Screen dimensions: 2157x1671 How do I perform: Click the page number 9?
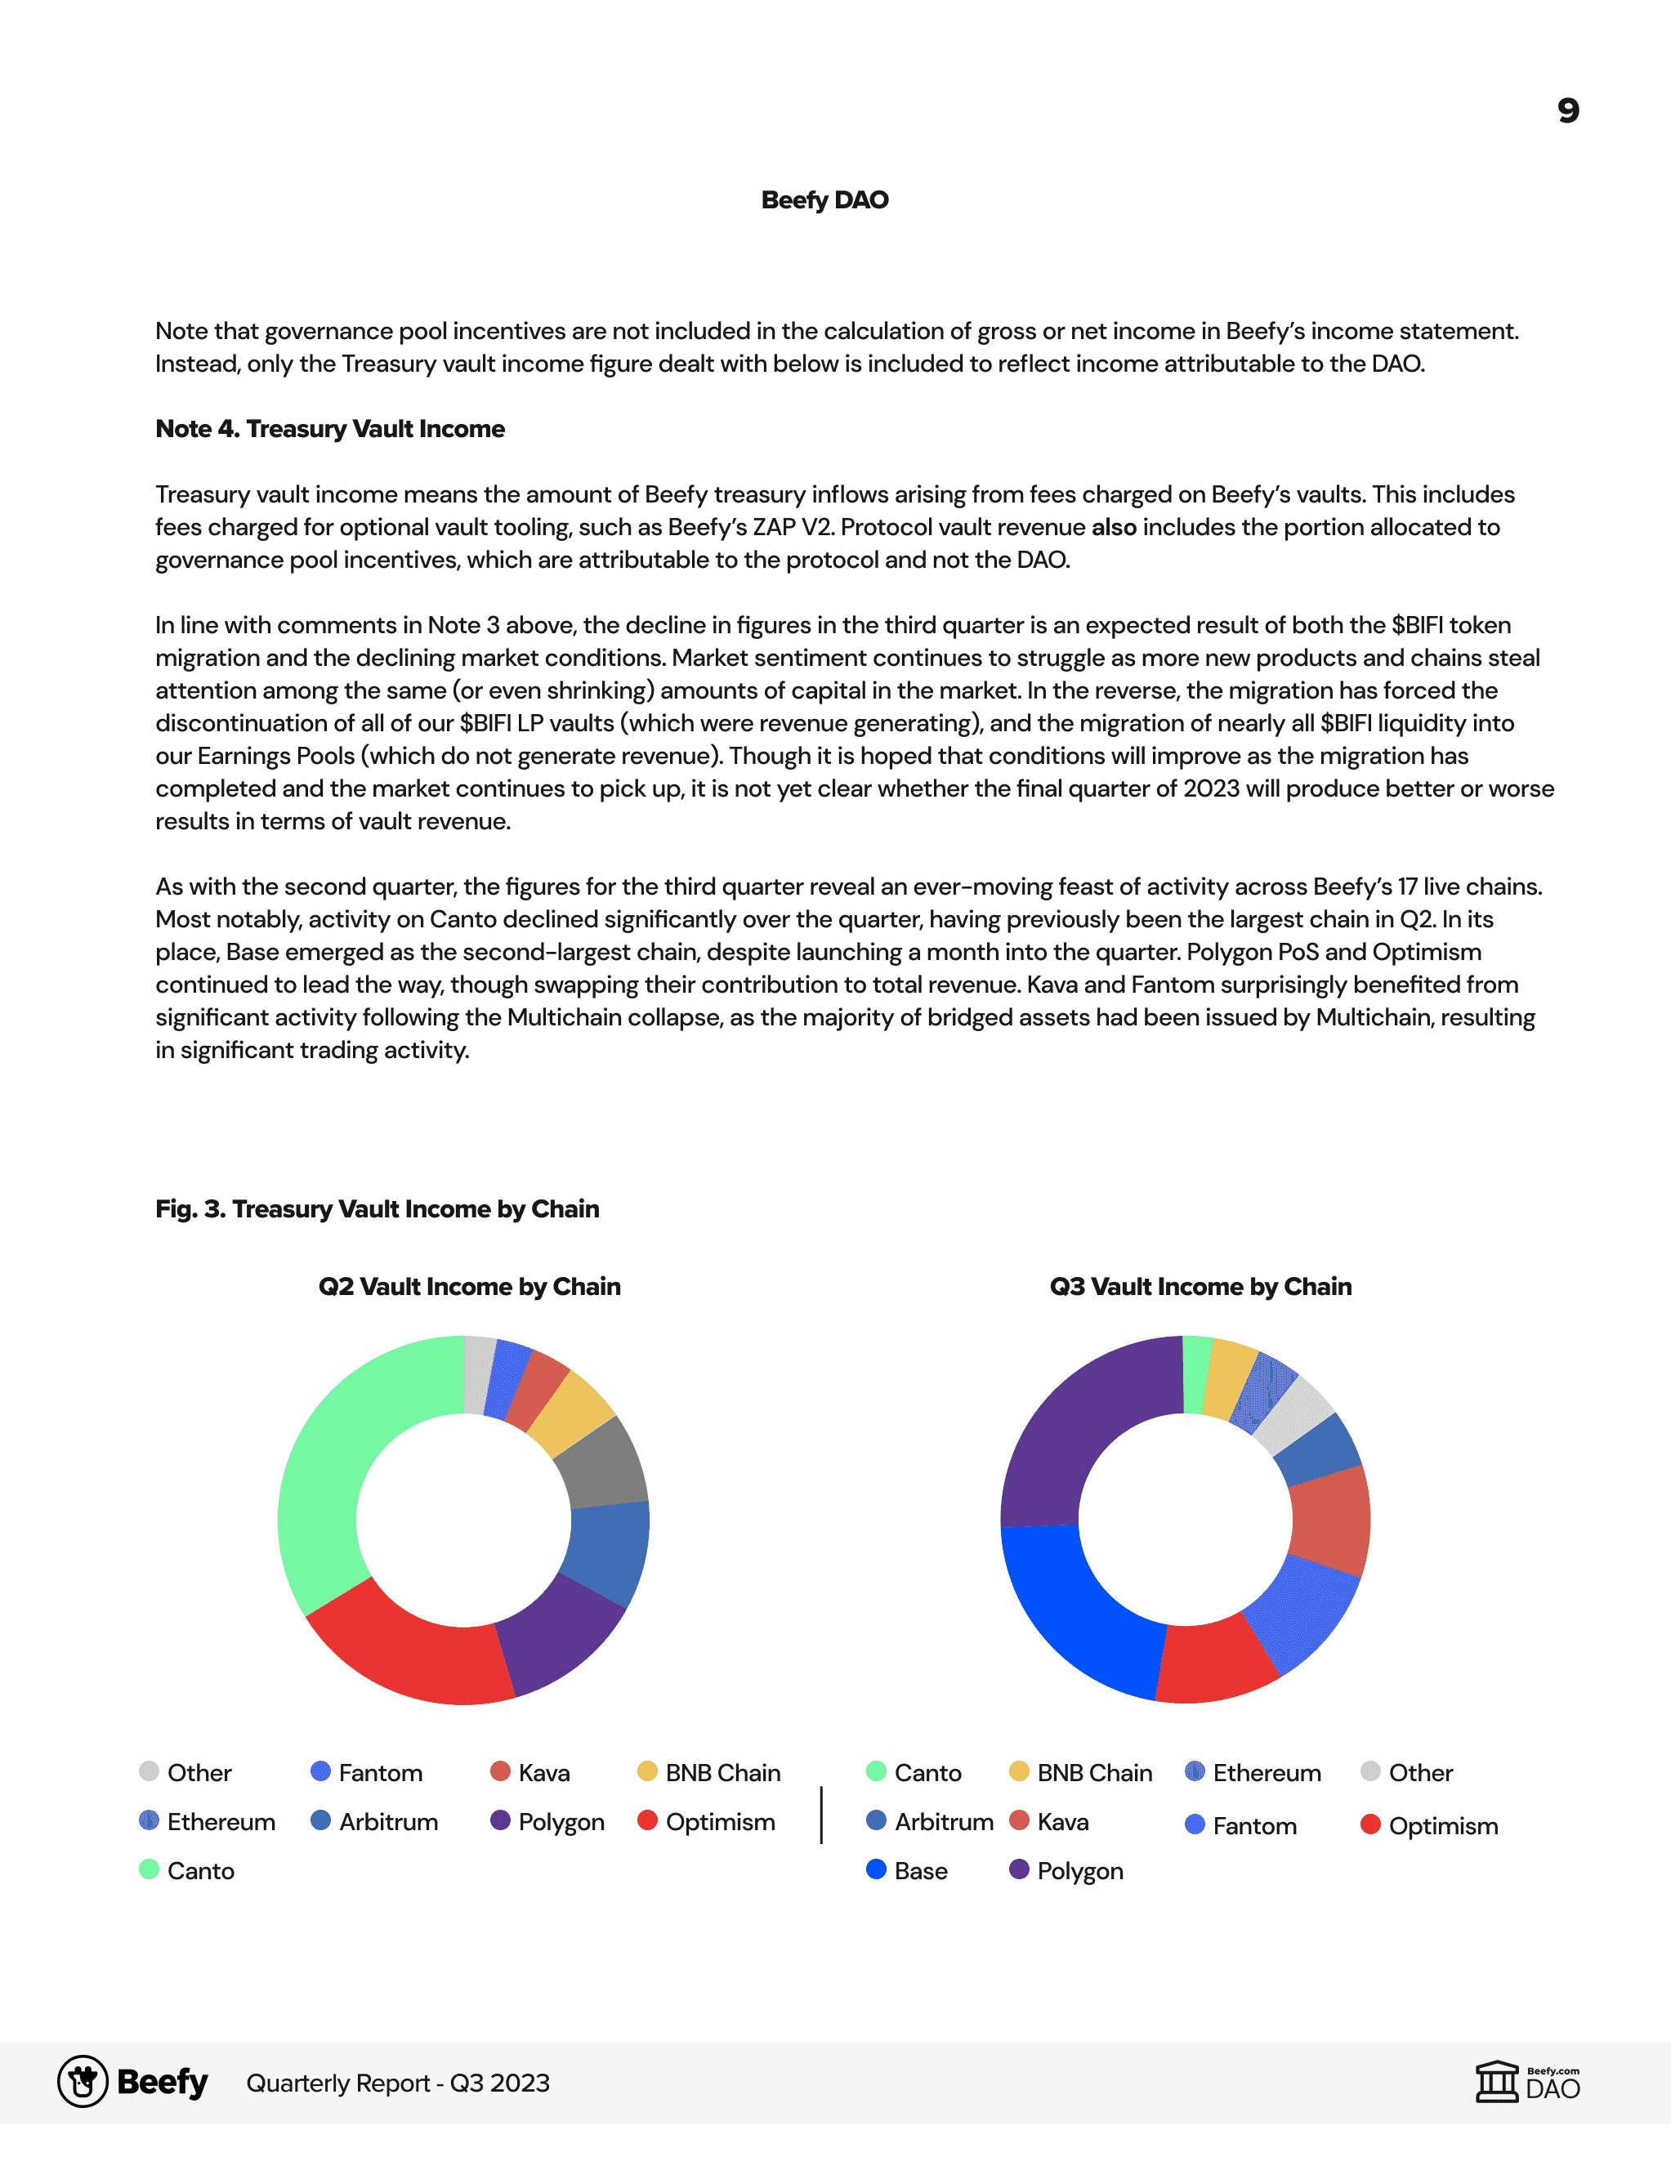coord(1567,110)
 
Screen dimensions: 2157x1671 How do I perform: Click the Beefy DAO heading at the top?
coord(824,200)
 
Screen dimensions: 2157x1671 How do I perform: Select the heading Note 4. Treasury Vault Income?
coord(330,429)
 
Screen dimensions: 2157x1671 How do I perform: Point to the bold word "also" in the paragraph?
coord(1113,527)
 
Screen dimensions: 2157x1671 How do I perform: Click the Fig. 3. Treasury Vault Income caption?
coord(378,1209)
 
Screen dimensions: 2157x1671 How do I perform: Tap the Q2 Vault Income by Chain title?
coord(469,1287)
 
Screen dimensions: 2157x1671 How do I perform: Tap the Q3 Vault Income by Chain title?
coord(1200,1287)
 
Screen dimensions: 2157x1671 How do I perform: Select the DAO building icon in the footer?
coord(1496,2082)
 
